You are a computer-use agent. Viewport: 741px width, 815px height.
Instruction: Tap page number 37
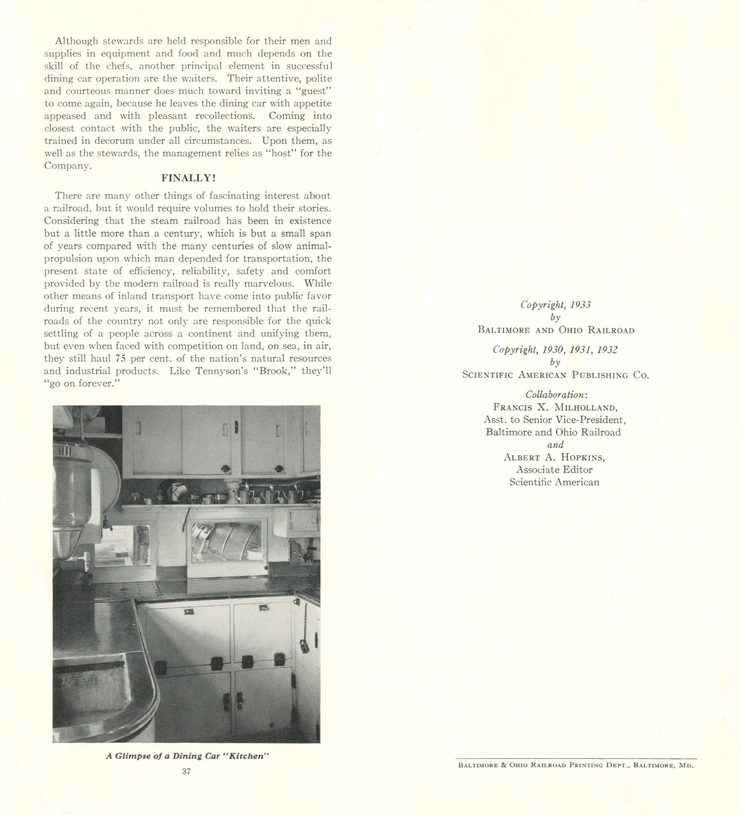click(186, 771)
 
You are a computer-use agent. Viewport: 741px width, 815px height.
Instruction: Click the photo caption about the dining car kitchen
click(188, 756)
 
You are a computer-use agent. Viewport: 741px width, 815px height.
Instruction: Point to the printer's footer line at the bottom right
click(576, 765)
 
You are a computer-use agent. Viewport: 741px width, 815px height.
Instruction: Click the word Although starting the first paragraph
click(77, 41)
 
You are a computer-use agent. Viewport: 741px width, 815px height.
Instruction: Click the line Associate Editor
click(554, 469)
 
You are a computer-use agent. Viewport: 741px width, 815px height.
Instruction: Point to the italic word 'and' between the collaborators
click(555, 445)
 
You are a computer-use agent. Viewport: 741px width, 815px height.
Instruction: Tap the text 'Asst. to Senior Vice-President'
click(555, 420)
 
